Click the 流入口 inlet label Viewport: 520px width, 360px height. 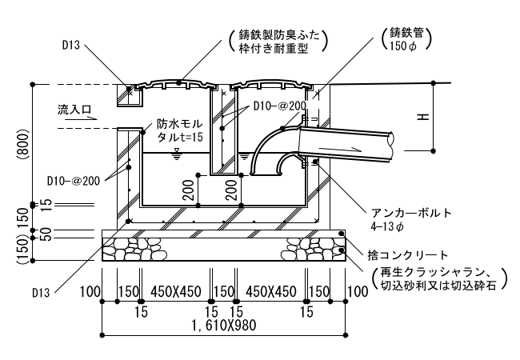(x=74, y=109)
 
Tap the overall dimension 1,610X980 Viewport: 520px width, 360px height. (x=224, y=325)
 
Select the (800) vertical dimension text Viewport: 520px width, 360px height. (x=23, y=145)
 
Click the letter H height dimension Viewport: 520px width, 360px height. (x=423, y=117)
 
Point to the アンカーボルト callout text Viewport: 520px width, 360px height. (x=411, y=213)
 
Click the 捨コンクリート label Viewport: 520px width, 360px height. (x=408, y=255)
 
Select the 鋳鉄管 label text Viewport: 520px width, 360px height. (x=406, y=33)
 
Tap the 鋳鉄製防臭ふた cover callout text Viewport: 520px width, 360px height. (x=279, y=35)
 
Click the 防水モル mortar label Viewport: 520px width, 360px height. (x=179, y=124)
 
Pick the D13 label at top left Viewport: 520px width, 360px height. (x=71, y=45)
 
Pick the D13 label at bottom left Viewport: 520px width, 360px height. (x=41, y=293)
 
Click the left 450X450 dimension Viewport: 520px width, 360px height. (x=176, y=292)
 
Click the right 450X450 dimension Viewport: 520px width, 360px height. (x=271, y=292)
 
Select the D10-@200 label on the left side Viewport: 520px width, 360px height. (x=74, y=181)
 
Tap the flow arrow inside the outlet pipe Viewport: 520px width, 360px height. (x=339, y=148)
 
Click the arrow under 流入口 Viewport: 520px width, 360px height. (x=81, y=118)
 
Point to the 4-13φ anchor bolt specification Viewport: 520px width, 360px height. (x=387, y=226)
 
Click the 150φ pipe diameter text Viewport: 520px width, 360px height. (x=403, y=46)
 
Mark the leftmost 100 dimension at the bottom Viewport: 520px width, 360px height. (x=90, y=292)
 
